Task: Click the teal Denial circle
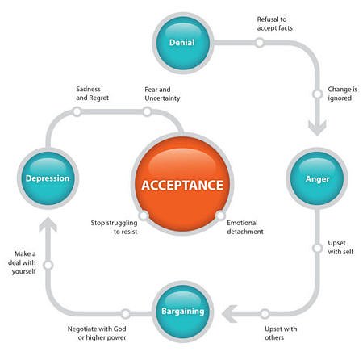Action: tap(183, 43)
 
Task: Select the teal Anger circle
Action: tap(317, 178)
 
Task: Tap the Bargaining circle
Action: tap(183, 312)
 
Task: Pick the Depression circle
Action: tap(48, 178)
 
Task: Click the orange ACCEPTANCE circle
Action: tap(182, 184)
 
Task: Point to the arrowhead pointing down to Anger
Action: tap(317, 128)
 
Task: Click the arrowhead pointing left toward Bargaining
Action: tap(230, 314)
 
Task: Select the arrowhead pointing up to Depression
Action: tap(48, 225)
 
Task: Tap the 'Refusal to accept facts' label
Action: tap(274, 23)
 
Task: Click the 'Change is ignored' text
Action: tap(343, 94)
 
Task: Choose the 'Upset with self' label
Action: tap(340, 247)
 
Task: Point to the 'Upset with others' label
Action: tap(281, 333)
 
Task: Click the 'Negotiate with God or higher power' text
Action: tap(97, 333)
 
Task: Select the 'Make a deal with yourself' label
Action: tap(22, 262)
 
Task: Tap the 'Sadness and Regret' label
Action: tap(92, 94)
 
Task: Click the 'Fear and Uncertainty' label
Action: tap(162, 94)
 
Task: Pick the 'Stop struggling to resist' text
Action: tap(114, 227)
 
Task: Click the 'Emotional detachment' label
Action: tap(245, 227)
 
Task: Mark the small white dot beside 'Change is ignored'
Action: tap(317, 94)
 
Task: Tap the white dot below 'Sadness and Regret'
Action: tap(77, 111)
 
